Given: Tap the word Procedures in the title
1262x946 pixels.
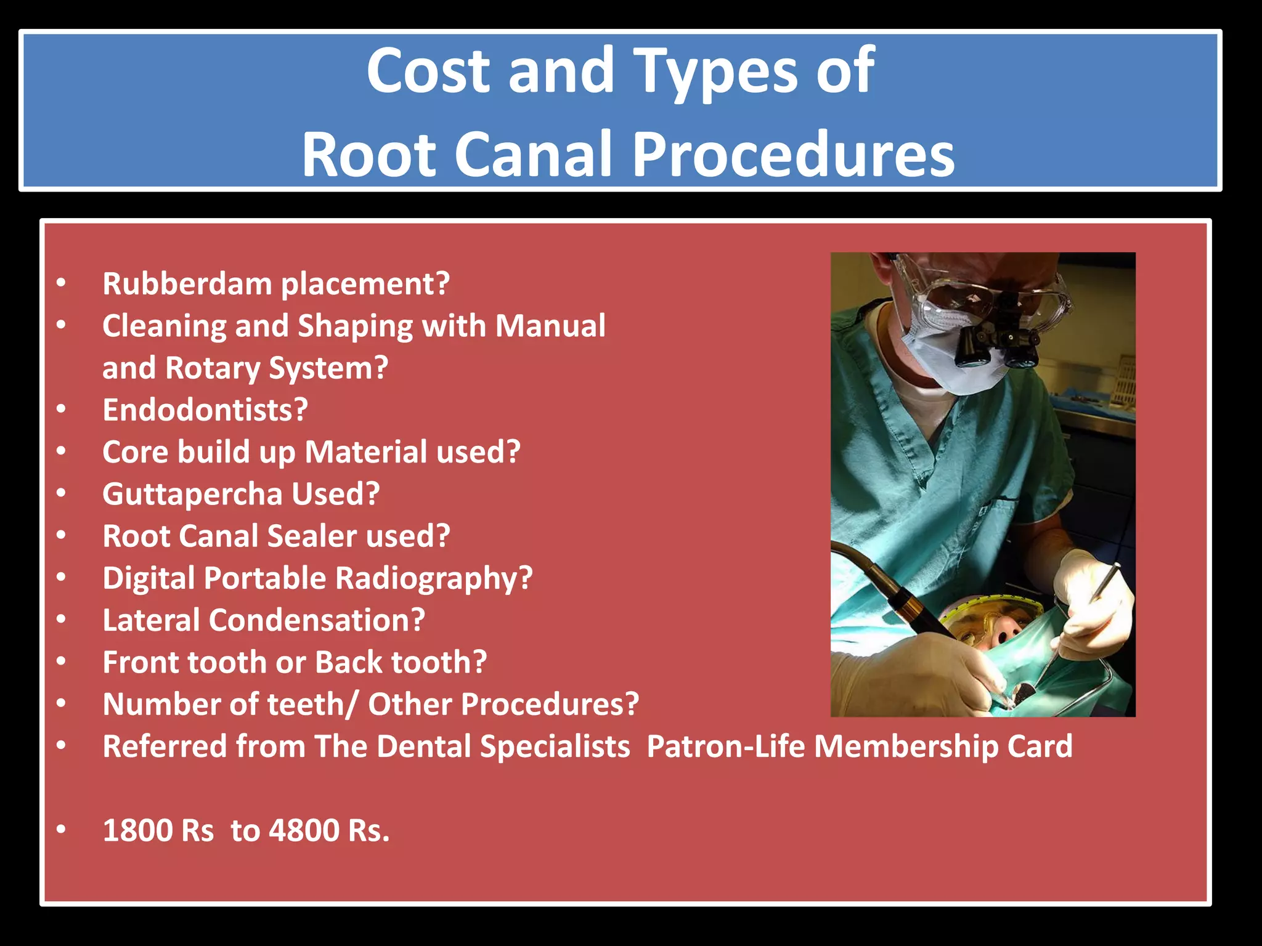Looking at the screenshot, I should click(793, 155).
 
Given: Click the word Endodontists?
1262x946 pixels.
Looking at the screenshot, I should click(205, 410).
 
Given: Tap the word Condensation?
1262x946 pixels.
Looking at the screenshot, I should click(317, 620).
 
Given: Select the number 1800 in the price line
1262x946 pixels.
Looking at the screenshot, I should click(129, 830).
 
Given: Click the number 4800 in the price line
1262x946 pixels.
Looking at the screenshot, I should click(304, 830).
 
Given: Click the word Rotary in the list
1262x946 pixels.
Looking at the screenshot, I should click(212, 368).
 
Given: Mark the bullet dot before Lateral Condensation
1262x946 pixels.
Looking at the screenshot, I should click(60, 620).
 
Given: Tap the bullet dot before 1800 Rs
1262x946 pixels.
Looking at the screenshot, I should click(60, 830).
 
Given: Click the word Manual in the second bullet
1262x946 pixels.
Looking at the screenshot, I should click(550, 326).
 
